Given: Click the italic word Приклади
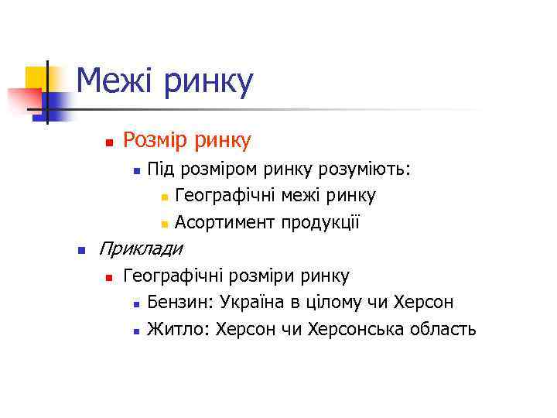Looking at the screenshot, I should click(142, 249).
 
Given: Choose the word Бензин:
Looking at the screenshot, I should click(180, 302).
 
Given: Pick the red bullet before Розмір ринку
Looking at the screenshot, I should click(109, 143).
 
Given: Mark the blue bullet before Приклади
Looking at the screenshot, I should click(80, 251).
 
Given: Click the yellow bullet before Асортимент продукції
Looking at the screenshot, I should click(164, 225).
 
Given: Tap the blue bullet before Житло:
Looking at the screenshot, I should click(135, 331).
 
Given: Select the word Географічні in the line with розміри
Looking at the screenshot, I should click(171, 276).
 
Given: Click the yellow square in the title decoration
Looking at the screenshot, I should click(36, 78).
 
